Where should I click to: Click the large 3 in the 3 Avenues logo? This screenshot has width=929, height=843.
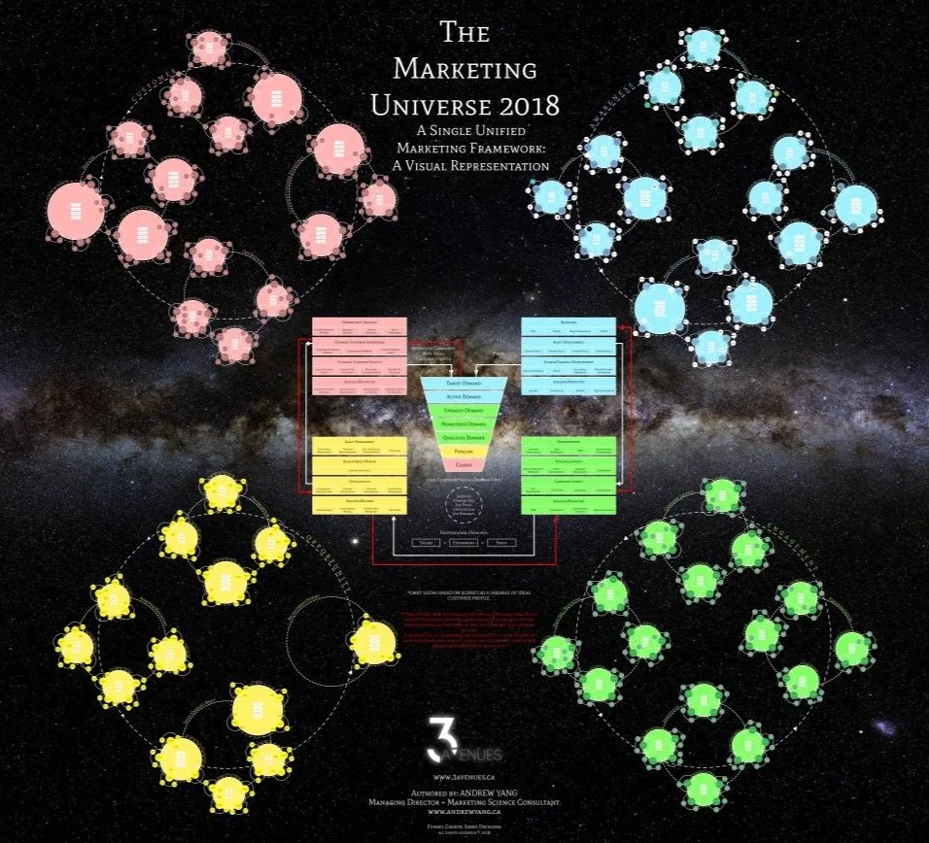tap(438, 739)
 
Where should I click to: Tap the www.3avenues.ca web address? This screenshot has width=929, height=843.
tap(464, 778)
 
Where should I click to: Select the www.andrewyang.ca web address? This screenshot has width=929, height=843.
tap(464, 812)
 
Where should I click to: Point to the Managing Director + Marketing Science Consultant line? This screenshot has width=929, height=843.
tap(464, 801)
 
